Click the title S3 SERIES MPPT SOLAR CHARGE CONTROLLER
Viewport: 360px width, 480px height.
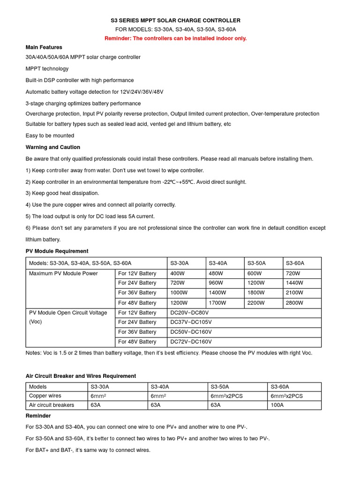(175, 21)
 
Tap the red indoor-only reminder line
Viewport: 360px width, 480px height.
(175, 38)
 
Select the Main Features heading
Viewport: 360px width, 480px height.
(44, 47)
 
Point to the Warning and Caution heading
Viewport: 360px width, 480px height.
(52, 147)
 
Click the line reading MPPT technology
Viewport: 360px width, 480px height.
(47, 68)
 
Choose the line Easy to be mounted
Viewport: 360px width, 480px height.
(50, 135)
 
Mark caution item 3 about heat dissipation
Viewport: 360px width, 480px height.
(62, 193)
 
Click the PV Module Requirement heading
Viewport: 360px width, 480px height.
(57, 251)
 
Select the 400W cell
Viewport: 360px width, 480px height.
(178, 273)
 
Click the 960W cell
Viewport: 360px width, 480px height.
(217, 283)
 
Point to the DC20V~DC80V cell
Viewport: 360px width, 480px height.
(189, 313)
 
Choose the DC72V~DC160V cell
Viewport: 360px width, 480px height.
(191, 342)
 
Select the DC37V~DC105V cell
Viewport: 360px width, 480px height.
(191, 322)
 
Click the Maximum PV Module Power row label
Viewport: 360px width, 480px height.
(63, 273)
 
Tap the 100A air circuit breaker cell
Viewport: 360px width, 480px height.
(277, 405)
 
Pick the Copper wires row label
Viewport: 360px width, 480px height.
(45, 396)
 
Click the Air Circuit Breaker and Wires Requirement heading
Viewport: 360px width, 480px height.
(81, 376)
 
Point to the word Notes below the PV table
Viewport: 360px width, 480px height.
(33, 353)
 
